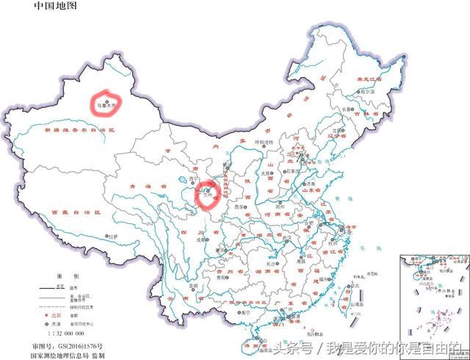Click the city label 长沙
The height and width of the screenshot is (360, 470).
click(272, 262)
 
